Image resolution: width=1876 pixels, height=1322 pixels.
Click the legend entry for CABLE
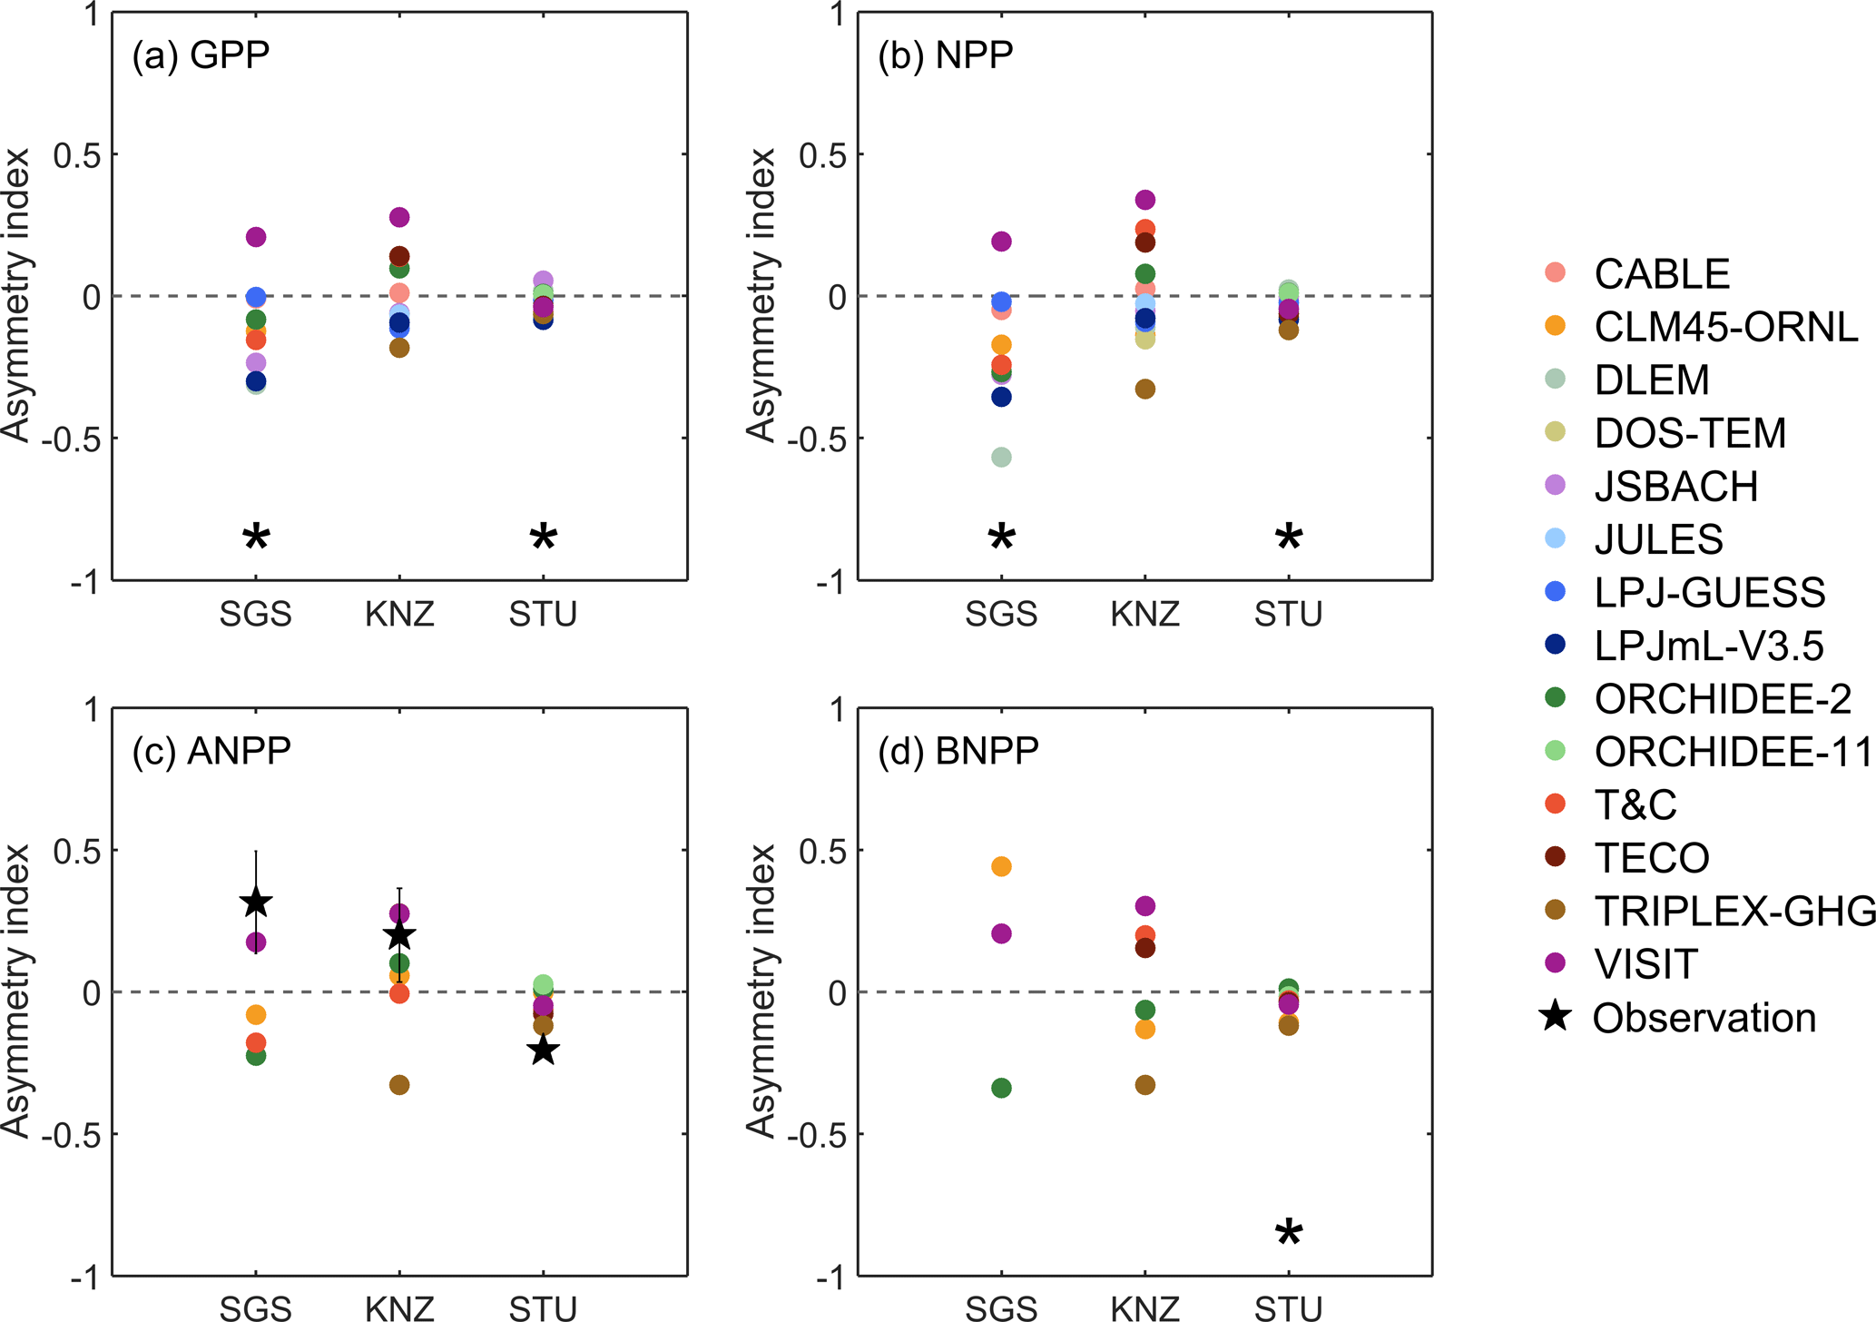click(x=1661, y=274)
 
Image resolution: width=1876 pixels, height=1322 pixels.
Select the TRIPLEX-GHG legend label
click(x=1734, y=911)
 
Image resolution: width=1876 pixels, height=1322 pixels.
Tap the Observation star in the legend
click(x=1556, y=1016)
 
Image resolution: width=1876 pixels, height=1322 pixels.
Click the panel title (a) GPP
click(x=201, y=55)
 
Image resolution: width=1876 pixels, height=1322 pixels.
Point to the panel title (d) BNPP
click(x=958, y=751)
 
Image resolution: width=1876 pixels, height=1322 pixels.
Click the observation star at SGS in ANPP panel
click(x=256, y=903)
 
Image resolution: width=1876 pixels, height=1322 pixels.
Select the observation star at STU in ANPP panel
click(x=543, y=1051)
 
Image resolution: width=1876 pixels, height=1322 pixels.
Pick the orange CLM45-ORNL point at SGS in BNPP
click(x=1001, y=866)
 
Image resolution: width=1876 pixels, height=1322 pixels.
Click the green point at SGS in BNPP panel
click(x=1001, y=1088)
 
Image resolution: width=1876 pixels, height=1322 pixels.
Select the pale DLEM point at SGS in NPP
click(x=1001, y=457)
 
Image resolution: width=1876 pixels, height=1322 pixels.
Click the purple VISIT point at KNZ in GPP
click(x=399, y=217)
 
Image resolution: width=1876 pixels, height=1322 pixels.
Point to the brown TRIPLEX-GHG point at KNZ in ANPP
click(x=399, y=1085)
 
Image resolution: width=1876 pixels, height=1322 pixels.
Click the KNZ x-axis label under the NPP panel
click(x=1144, y=615)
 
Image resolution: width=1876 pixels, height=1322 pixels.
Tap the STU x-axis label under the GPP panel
click(x=543, y=615)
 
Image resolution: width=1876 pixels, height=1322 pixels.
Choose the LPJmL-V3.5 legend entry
click(x=1708, y=646)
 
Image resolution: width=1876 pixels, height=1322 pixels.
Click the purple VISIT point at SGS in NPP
click(x=1001, y=242)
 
